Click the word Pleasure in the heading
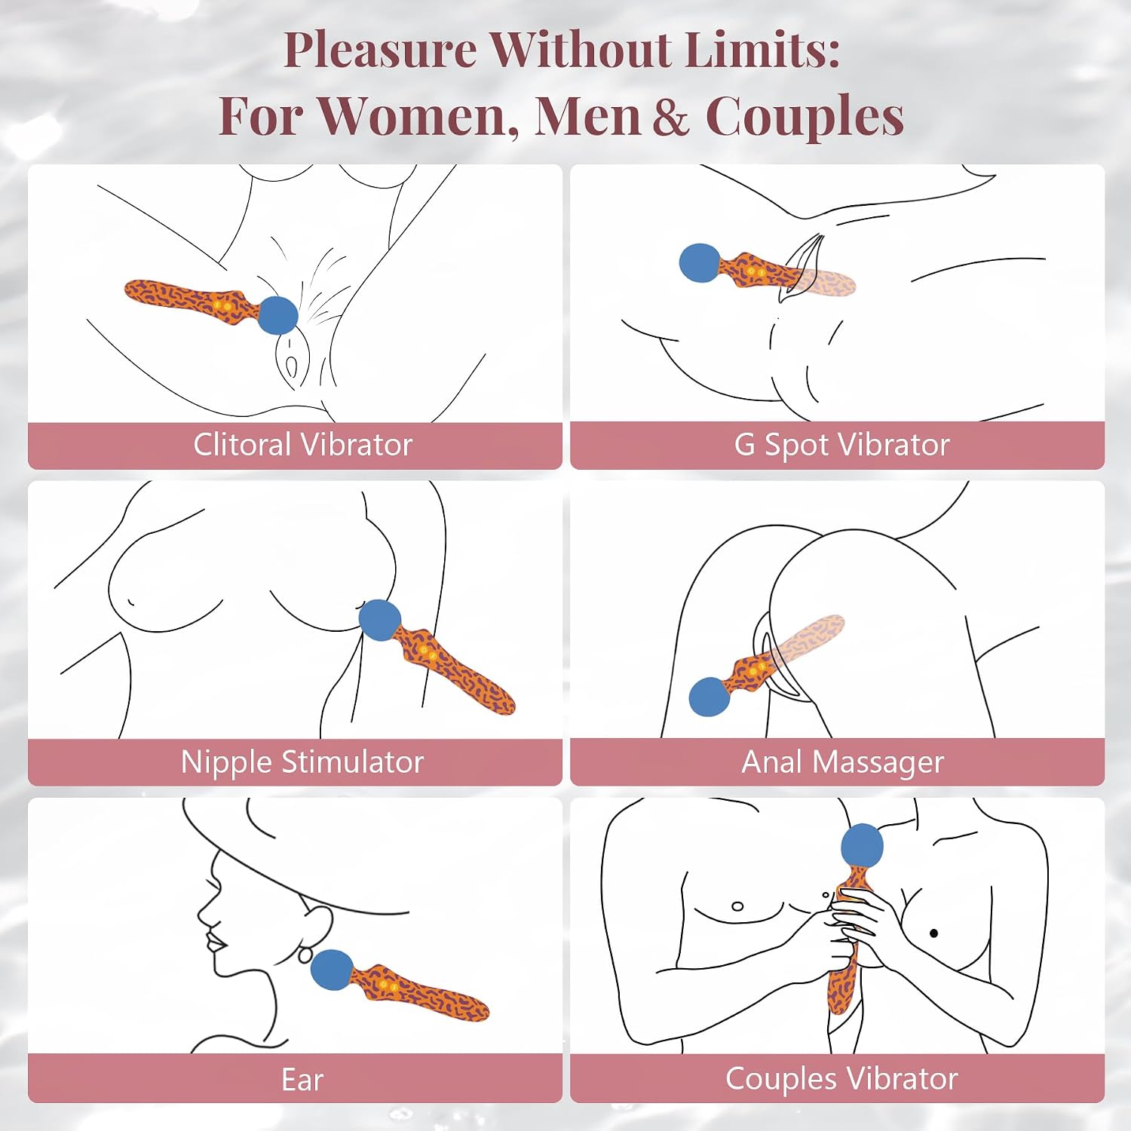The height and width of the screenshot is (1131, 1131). tap(380, 51)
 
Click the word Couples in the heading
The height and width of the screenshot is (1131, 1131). tap(805, 119)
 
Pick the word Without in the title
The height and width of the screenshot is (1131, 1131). tap(581, 50)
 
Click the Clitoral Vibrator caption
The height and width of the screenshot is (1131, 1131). tap(302, 445)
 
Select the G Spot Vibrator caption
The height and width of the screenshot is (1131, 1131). tap(841, 445)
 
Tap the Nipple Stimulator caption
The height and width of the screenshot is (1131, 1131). tap(302, 762)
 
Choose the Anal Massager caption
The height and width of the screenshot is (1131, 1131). tap(842, 762)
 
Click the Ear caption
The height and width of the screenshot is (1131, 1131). tap(302, 1080)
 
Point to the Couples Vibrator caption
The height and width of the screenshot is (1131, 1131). tap(841, 1079)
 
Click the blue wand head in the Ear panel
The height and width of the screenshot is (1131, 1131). tap(333, 970)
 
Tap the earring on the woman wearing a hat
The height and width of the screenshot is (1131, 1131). tap(305, 955)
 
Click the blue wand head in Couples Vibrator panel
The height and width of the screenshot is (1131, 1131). tap(862, 845)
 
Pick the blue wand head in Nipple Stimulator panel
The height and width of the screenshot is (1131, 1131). tap(379, 620)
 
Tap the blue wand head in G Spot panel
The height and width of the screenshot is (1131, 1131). tap(700, 263)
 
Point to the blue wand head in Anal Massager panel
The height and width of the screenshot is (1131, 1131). tap(710, 696)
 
